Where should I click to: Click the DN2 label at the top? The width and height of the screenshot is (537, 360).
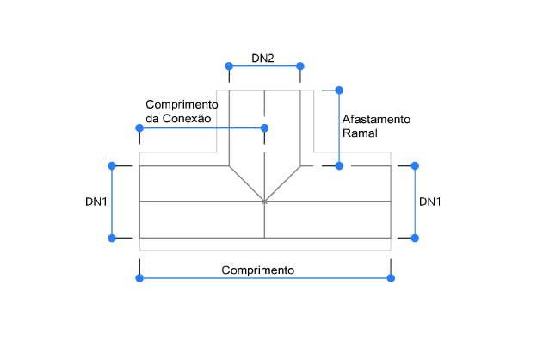pos(262,59)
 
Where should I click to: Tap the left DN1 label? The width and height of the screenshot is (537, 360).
pos(96,202)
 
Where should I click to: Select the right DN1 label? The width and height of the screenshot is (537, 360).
pos(430,202)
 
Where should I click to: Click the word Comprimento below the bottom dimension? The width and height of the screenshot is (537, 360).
pos(258,270)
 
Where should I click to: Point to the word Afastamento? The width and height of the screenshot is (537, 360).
pos(377,118)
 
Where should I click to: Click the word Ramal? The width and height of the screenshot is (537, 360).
pos(360,133)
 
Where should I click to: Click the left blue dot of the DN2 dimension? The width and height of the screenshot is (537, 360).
pos(229,66)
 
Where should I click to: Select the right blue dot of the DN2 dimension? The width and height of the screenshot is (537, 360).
pos(300,66)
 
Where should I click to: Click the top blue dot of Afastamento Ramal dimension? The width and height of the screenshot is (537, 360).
pos(339,90)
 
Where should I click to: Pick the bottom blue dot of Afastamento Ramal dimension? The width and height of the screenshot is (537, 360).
pos(339,165)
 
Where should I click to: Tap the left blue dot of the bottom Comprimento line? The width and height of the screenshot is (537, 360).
pos(139,277)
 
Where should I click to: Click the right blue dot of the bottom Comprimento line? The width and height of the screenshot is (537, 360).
pos(391,277)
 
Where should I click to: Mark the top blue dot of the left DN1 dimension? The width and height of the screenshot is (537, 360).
pos(111,165)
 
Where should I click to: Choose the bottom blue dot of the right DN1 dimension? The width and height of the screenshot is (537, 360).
pos(415,237)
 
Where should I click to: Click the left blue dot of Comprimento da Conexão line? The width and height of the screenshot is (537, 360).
pos(139,128)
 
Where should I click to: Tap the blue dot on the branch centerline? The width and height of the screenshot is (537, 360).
pos(264,128)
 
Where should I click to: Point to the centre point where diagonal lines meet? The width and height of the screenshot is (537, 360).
pos(264,202)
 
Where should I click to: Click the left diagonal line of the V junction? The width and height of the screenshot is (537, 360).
pos(246,183)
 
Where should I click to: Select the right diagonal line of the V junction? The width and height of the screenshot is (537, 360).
pos(282,183)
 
